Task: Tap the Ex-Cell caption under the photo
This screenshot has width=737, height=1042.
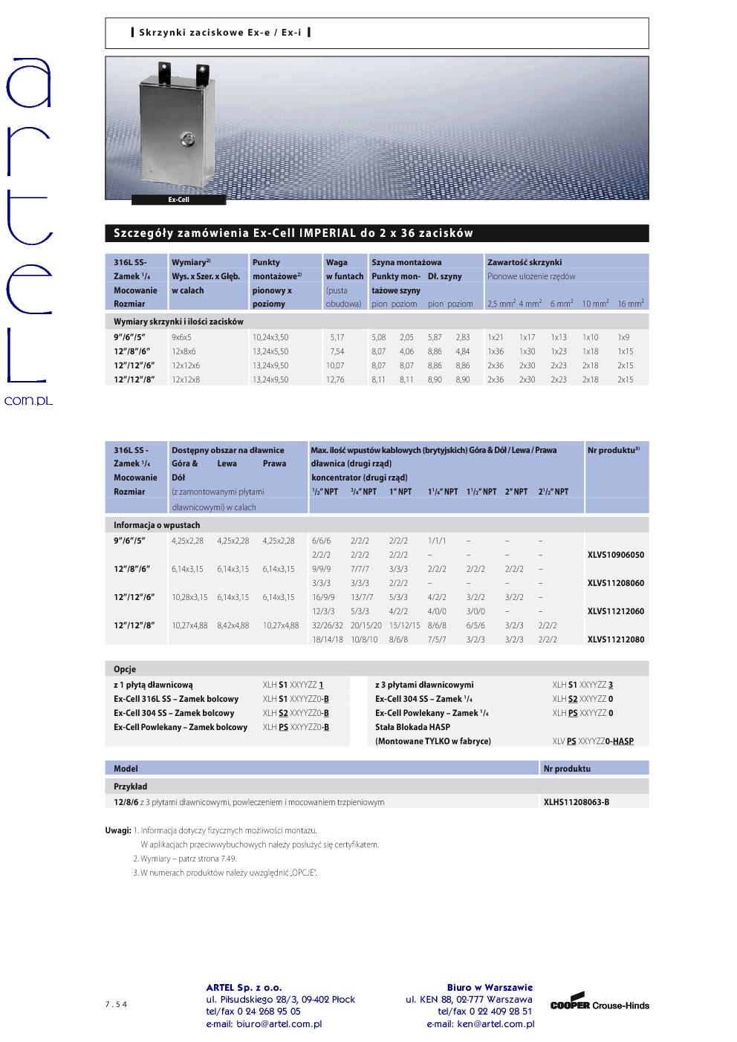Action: [178, 200]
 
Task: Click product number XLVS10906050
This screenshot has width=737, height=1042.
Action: [616, 555]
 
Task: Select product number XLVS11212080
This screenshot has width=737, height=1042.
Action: [616, 639]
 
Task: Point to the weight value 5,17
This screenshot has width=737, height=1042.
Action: [337, 337]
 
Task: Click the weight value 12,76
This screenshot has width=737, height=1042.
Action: [335, 380]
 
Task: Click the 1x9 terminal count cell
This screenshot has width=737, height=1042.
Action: [623, 337]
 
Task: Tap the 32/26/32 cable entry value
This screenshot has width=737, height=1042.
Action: [328, 625]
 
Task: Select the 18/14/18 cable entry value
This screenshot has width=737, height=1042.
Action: [328, 639]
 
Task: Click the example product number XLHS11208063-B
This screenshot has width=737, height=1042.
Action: [577, 802]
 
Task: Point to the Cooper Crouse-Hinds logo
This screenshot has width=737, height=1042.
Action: [600, 1003]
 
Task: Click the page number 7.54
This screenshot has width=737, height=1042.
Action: [116, 1005]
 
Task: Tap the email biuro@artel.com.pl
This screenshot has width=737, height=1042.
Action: [264, 1023]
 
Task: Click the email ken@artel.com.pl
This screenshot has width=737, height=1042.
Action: [480, 1023]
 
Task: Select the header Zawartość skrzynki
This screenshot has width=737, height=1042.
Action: [525, 262]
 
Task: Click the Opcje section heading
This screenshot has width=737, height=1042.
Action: [125, 669]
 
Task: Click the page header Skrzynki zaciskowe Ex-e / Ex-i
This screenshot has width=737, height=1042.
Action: [221, 33]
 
